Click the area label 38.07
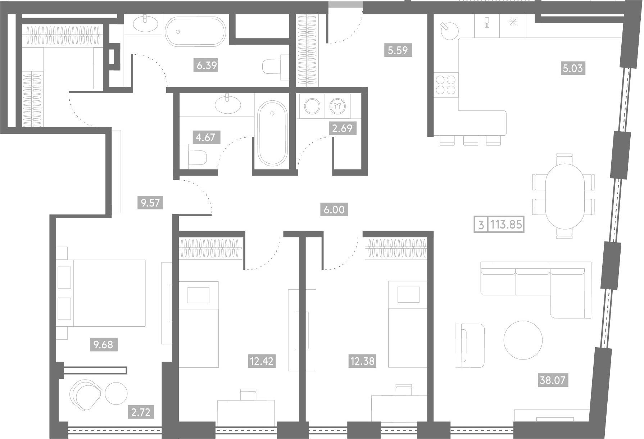[x=552, y=380]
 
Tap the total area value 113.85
[x=506, y=225]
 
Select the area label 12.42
[x=262, y=361]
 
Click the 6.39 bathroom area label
[x=207, y=65]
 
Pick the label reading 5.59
[x=398, y=50]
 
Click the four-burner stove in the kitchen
[x=446, y=85]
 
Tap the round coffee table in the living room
[x=523, y=340]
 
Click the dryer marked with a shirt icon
[x=337, y=106]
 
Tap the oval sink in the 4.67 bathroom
[x=228, y=104]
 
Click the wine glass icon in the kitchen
[x=487, y=22]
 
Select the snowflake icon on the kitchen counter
[x=513, y=22]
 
